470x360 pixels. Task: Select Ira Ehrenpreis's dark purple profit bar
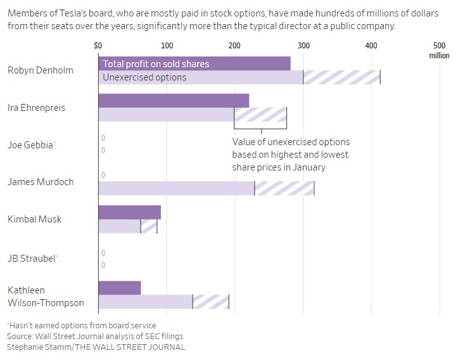tap(174, 101)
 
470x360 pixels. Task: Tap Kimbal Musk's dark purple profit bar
tap(130, 212)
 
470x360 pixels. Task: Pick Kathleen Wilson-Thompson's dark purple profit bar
tap(120, 288)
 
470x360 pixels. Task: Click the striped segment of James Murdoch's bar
tap(284, 188)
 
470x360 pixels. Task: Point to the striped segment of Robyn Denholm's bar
tap(341, 77)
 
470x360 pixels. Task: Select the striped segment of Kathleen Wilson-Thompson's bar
tap(210, 302)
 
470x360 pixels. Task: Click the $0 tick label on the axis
tap(98, 46)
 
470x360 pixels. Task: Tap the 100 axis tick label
tap(167, 46)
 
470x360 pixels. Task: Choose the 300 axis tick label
tap(303, 46)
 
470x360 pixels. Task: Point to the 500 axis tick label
tap(439, 46)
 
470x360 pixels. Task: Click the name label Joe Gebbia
tap(30, 145)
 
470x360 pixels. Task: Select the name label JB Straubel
tap(32, 258)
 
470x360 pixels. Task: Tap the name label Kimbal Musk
tap(35, 219)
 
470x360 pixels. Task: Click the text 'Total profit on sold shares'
tap(156, 64)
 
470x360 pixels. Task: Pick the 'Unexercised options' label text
tap(145, 77)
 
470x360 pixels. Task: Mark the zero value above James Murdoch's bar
tap(103, 175)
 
